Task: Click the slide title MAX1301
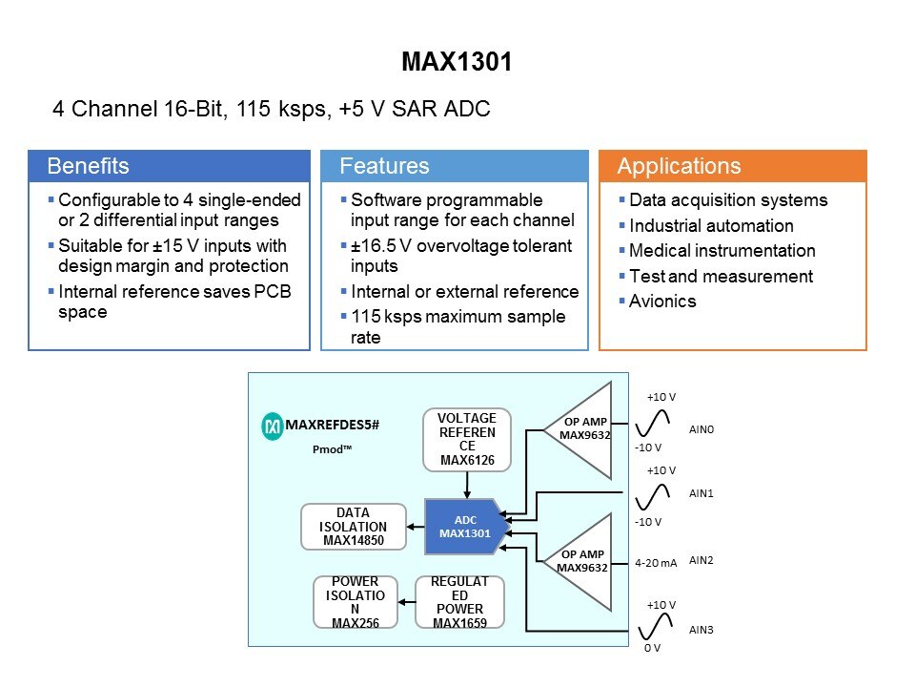pos(457,63)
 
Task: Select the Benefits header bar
pos(169,166)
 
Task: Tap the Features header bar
pos(454,166)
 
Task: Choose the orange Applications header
pos(732,166)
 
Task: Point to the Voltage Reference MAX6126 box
pos(467,440)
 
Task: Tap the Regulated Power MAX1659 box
pos(459,602)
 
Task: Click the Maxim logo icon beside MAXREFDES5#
pos(273,427)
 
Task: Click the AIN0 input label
pos(701,429)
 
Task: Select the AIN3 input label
pos(701,630)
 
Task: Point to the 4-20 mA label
pos(656,563)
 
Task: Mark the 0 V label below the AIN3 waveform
pos(652,648)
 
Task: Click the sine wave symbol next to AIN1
pos(654,496)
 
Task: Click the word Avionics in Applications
pos(662,302)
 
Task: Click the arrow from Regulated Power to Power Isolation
pos(405,602)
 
